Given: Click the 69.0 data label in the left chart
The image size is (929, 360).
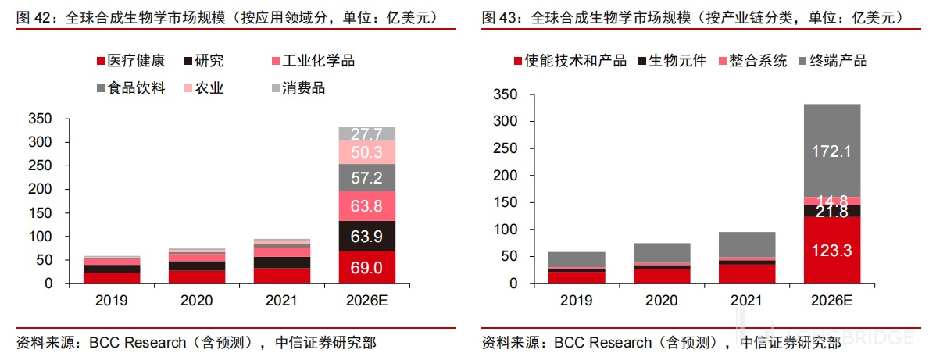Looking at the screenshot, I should [366, 268].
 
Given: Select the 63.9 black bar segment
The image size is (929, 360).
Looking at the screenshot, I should [366, 237].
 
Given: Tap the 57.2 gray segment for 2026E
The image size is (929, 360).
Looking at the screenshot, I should [366, 177].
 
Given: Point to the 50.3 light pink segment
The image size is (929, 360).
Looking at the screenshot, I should [366, 152].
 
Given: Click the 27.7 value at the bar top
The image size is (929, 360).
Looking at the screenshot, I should [366, 134].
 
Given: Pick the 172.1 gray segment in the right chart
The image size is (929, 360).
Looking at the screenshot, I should [831, 151].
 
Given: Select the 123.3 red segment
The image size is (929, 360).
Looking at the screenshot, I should [831, 251].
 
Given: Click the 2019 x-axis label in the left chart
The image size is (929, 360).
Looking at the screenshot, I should [111, 299].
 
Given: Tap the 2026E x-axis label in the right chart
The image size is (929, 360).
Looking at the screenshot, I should [831, 299].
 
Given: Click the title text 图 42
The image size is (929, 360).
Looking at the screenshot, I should [32, 17].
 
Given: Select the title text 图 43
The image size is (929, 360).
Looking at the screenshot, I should [497, 17].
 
